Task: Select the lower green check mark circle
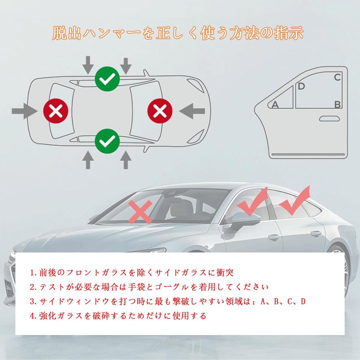point(107,141)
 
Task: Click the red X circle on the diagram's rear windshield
point(55,112)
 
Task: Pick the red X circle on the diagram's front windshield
point(160,112)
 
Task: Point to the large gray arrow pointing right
point(25,111)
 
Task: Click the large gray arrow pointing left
point(192,111)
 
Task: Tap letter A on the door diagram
point(275,104)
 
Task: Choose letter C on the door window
point(337,77)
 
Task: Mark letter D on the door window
point(302,86)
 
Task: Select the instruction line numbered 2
point(149,287)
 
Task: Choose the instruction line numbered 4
point(118,316)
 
